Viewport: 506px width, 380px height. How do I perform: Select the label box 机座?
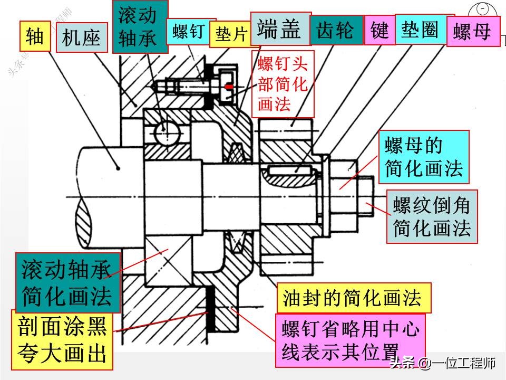pos(81,37)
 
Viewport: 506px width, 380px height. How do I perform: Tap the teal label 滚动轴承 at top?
pos(140,26)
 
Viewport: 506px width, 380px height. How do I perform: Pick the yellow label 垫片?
pos(231,34)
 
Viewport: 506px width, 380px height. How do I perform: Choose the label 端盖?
pos(280,30)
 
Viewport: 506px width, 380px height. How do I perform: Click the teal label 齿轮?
pos(336,31)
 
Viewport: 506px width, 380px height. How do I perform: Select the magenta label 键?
pos(379,31)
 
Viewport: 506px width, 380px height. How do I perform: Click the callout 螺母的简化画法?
pos(423,157)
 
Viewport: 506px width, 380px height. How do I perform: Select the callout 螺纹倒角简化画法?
pos(432,216)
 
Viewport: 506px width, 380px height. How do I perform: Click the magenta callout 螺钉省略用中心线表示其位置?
pos(350,340)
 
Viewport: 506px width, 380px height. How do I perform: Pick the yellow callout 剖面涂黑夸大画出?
pos(62,340)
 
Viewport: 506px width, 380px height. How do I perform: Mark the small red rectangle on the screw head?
pos(229,86)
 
